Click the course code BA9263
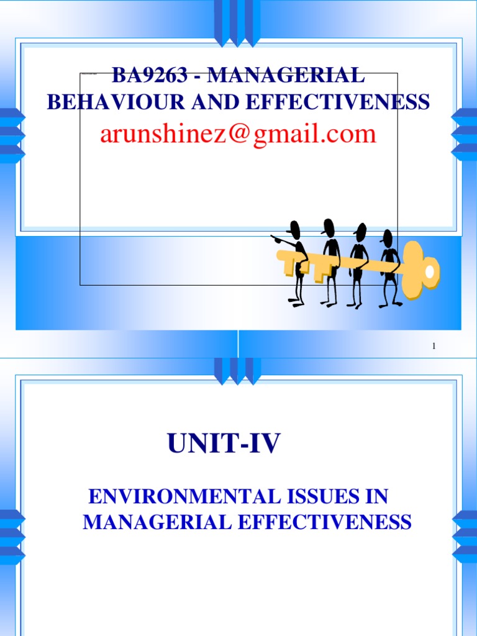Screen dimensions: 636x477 coord(146,76)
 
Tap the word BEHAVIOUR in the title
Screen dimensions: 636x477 coord(101,102)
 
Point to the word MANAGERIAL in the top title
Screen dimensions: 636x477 coord(286,76)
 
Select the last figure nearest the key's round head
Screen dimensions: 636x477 coord(389,267)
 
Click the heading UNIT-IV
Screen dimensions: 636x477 coord(224,445)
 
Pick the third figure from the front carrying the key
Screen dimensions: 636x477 coord(359,264)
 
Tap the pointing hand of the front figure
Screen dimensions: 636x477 coord(274,238)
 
